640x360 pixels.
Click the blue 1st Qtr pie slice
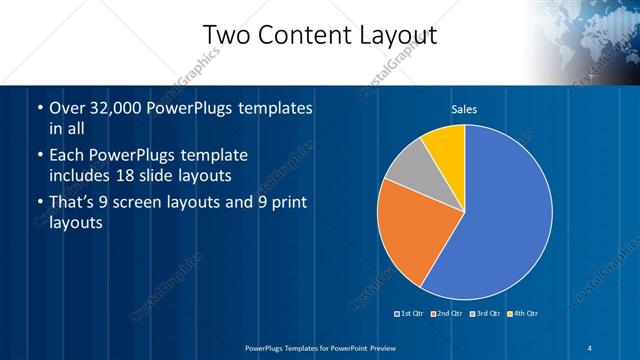(500, 220)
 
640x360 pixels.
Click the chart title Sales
(464, 109)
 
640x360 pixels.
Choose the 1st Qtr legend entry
(411, 314)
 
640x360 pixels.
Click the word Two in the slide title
(226, 36)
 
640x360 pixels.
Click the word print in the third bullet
(286, 204)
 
